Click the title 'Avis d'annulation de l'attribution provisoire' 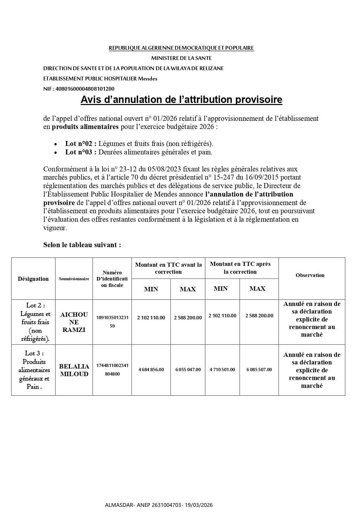click(x=181, y=100)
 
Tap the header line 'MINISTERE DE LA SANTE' click(x=181, y=58)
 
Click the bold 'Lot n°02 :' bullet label click(x=81, y=144)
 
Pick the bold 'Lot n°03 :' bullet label click(x=81, y=152)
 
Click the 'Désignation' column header click(x=33, y=279)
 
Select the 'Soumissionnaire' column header click(x=74, y=279)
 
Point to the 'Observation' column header click(x=310, y=275)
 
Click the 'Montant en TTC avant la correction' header click(x=168, y=268)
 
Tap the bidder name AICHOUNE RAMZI click(x=74, y=322)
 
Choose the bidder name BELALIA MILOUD click(x=74, y=370)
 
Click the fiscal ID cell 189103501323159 click(x=112, y=322)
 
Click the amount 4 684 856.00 click(x=151, y=370)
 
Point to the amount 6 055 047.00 click(x=188, y=370)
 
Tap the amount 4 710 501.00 click(x=222, y=370)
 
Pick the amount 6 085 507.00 click(x=259, y=370)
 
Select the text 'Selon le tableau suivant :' click(x=82, y=245)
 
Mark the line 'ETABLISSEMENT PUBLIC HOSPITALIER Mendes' click(x=100, y=78)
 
